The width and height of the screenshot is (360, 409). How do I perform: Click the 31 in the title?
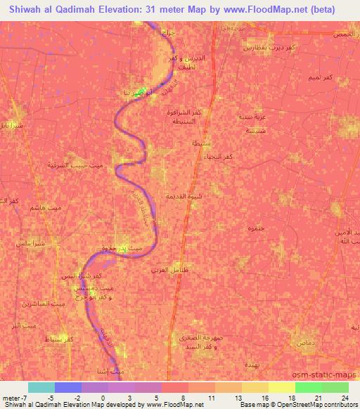click(155, 8)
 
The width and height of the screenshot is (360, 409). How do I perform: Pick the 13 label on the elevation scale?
click(240, 398)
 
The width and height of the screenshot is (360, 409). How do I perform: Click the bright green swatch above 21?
click(308, 387)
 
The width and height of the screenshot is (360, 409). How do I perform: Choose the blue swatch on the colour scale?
click(67, 387)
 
